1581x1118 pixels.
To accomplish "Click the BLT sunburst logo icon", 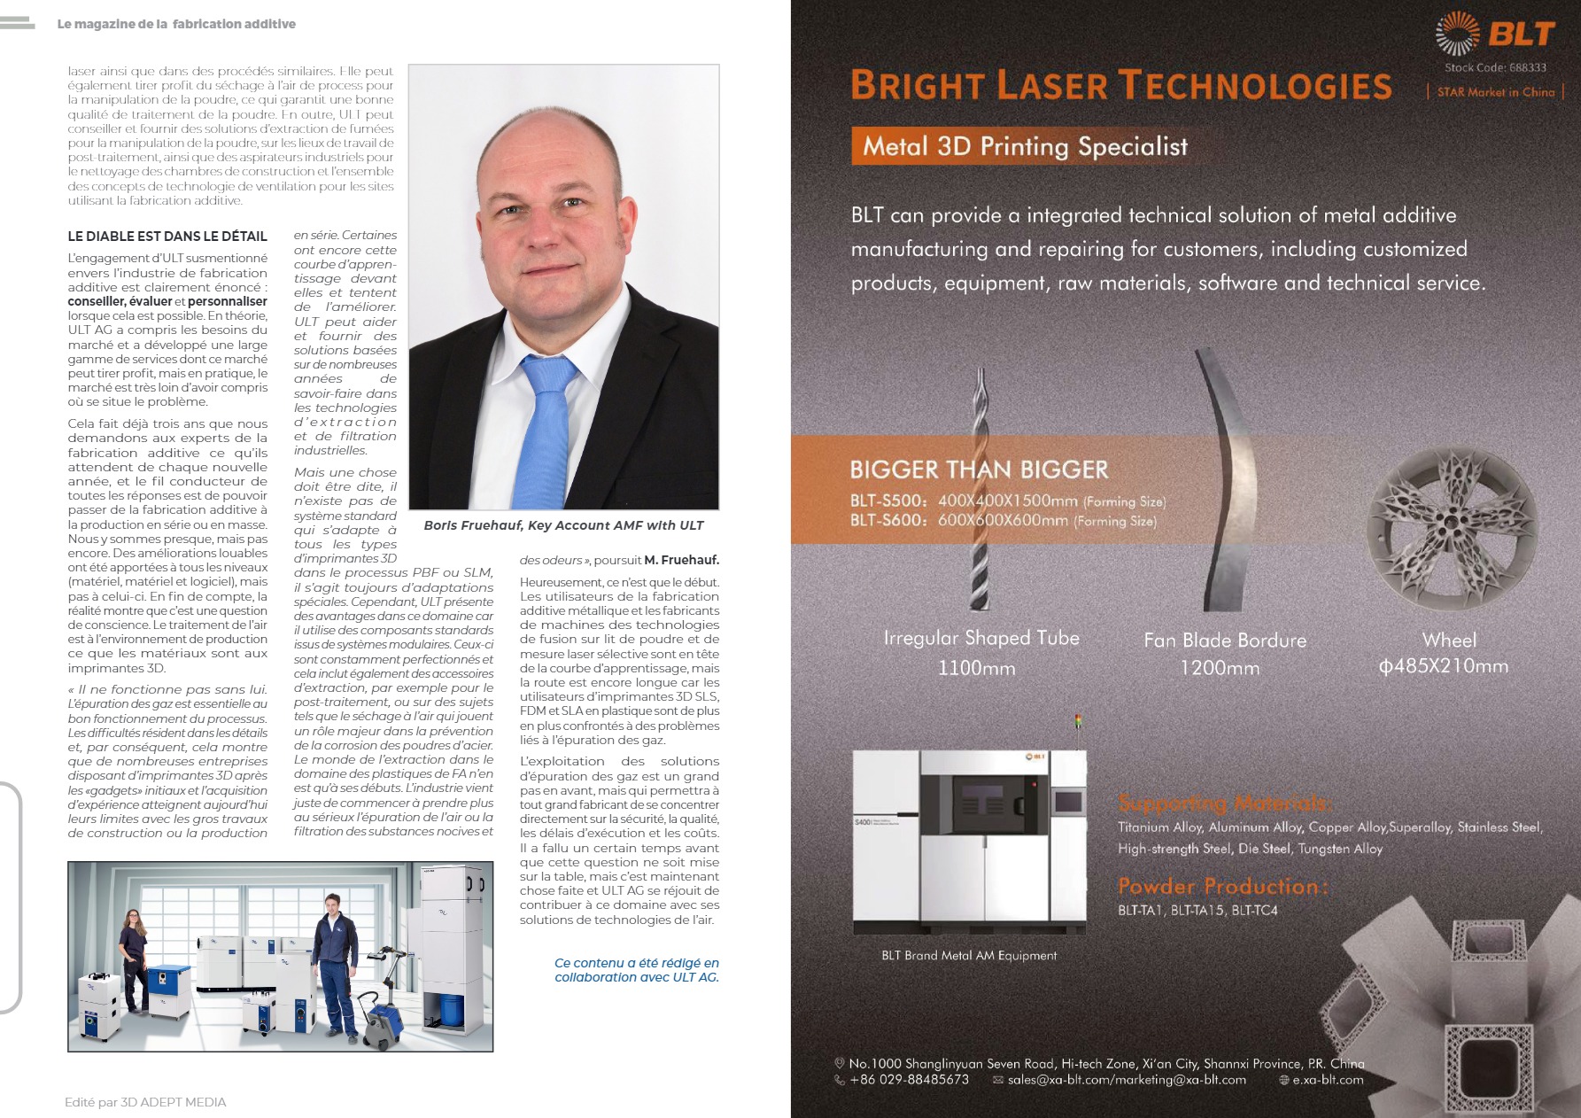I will click(x=1457, y=34).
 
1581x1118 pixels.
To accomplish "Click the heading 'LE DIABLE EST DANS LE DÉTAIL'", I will click(x=167, y=237).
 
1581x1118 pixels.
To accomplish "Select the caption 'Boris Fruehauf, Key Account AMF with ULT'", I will click(x=563, y=525).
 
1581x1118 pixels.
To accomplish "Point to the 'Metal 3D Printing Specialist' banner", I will click(x=1025, y=146).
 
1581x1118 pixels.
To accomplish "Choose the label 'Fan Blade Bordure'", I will click(x=1225, y=641).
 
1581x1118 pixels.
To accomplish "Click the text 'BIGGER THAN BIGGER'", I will click(x=979, y=470).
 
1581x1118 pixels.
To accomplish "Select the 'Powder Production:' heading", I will click(x=1222, y=886).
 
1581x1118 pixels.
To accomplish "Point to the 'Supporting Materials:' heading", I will click(x=1224, y=804).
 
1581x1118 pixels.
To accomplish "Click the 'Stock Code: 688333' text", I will click(x=1495, y=67).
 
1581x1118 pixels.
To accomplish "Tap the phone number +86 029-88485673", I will click(x=909, y=1080).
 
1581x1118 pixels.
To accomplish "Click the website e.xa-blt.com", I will click(x=1328, y=1080).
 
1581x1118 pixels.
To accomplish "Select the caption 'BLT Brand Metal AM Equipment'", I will click(x=969, y=956).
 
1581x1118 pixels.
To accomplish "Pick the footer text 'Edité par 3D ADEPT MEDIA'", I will click(x=145, y=1102).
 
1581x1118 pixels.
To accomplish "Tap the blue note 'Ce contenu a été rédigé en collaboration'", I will click(x=636, y=970).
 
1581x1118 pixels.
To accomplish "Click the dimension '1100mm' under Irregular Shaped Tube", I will click(x=976, y=668).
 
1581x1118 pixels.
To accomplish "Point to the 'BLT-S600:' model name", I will click(x=888, y=521).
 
